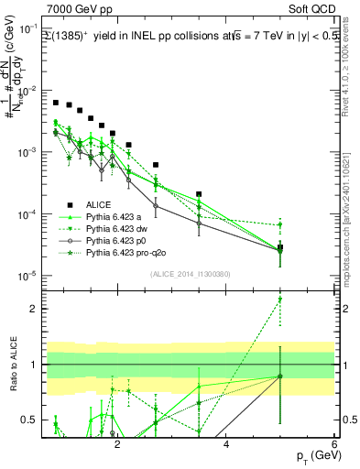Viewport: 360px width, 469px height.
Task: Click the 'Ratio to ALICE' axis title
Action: coord(12,367)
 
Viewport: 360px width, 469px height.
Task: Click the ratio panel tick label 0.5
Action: coord(31,420)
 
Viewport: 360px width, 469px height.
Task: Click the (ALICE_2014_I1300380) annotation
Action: coord(189,274)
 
